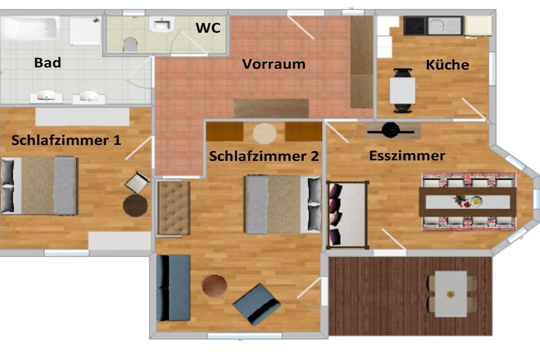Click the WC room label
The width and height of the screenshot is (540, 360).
[x=208, y=28]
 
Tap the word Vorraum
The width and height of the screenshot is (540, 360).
[x=274, y=64]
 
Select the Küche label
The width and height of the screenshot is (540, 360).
[x=447, y=65]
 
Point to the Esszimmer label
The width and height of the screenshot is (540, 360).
[x=407, y=156]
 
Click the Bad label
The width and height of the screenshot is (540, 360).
[x=47, y=63]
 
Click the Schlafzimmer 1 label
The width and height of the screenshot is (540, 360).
[x=66, y=140]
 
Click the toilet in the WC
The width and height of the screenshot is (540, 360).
[x=130, y=45]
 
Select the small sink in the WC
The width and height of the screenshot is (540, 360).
[x=161, y=24]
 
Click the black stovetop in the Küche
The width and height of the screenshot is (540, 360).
[x=415, y=25]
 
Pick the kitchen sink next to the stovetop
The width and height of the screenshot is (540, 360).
[x=445, y=26]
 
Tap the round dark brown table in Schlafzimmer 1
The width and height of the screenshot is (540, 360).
[x=136, y=206]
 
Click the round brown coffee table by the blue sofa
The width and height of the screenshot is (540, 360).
[x=214, y=286]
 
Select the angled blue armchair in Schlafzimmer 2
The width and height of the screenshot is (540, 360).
[x=257, y=304]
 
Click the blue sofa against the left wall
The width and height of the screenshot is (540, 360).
[x=173, y=288]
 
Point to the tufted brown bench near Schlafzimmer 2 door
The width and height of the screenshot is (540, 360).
[x=173, y=208]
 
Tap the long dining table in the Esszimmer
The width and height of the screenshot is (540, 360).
[x=468, y=202]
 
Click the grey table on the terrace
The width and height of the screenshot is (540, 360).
[x=451, y=294]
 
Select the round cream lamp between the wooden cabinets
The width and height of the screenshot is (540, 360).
[x=265, y=133]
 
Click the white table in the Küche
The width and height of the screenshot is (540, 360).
[x=402, y=91]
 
